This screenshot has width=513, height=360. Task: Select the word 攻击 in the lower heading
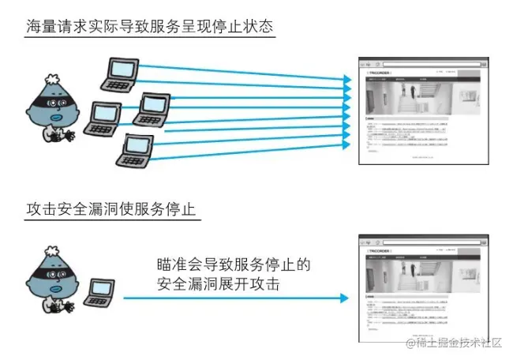(42, 210)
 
